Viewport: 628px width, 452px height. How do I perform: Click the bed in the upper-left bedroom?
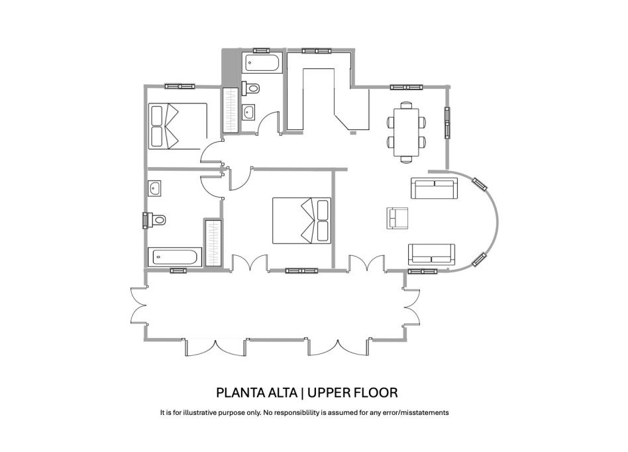[176, 126]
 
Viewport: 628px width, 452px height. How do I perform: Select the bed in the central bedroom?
[302, 221]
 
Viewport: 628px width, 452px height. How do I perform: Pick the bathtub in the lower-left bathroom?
[174, 257]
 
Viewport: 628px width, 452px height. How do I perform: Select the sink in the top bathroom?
[248, 111]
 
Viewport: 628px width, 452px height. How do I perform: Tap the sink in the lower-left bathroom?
[154, 189]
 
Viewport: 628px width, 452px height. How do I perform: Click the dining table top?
[406, 132]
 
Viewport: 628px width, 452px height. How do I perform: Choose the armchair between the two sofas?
[397, 218]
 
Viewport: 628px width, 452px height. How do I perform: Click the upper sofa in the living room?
[435, 188]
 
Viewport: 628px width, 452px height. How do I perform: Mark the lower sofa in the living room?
[431, 254]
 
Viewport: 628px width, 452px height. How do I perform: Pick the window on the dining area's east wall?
[447, 123]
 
